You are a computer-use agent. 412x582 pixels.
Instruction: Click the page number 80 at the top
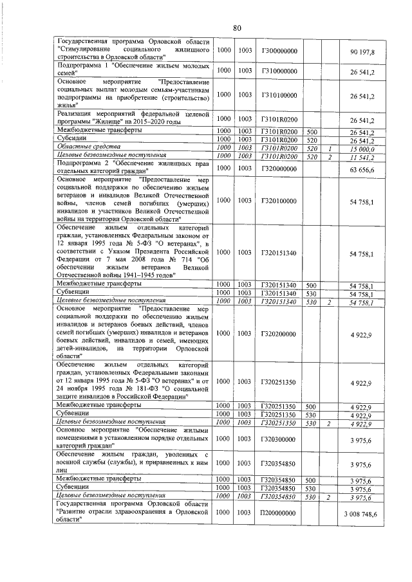[237, 28]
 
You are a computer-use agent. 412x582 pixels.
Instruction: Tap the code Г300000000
[279, 50]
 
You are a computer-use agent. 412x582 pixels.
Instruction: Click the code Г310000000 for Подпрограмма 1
[279, 70]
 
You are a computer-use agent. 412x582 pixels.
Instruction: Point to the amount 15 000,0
[363, 148]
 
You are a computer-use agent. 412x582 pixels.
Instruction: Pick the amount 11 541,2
[363, 156]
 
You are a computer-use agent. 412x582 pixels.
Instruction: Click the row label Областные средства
[85, 148]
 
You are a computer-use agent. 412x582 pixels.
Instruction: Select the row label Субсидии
[72, 140]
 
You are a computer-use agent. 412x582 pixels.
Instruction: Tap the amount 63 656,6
[362, 168]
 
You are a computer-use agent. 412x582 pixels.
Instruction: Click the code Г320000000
[279, 168]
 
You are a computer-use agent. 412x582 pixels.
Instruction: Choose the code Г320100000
[279, 201]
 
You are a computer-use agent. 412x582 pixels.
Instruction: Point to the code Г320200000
[279, 334]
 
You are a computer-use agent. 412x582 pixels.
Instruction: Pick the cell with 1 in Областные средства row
[329, 148]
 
